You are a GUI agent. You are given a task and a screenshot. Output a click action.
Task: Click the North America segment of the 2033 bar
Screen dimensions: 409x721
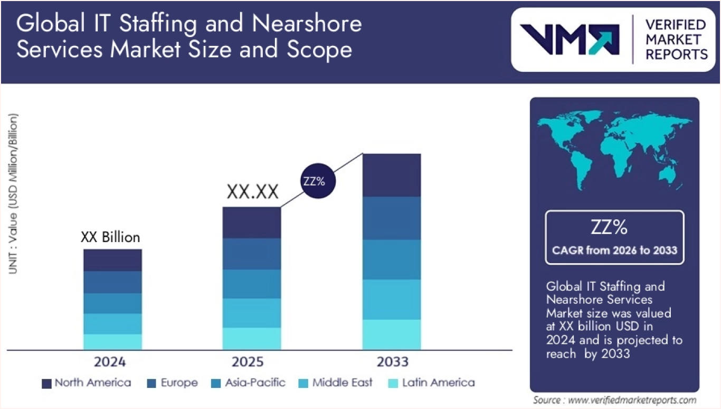click(391, 175)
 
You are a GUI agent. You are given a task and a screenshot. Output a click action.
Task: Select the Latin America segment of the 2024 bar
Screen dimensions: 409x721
click(112, 341)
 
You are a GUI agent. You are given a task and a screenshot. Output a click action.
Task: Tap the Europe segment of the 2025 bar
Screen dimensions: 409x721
click(252, 254)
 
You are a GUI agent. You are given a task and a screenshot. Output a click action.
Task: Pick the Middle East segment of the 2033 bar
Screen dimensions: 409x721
click(391, 299)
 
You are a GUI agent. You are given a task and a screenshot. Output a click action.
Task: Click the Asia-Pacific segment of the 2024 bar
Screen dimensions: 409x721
click(112, 303)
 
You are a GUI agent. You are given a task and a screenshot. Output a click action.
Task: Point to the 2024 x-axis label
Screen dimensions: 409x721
click(110, 362)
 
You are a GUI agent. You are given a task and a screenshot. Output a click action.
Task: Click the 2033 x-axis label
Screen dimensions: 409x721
click(393, 362)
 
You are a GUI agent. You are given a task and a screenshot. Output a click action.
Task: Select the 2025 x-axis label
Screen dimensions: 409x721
click(248, 362)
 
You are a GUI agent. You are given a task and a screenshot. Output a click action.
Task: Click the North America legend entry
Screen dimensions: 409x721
click(87, 383)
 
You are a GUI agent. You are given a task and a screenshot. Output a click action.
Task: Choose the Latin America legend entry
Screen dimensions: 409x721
click(431, 383)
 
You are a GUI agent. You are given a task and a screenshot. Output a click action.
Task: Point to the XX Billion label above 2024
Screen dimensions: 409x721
click(110, 238)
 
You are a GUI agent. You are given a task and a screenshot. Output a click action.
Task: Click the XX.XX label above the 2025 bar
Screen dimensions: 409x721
click(252, 192)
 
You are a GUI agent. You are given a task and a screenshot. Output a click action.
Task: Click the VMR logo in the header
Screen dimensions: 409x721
click(570, 39)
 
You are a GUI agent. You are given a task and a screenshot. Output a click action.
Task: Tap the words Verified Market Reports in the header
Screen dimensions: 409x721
click(676, 39)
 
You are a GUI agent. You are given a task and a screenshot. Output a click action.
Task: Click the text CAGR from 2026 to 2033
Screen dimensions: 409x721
click(614, 250)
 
